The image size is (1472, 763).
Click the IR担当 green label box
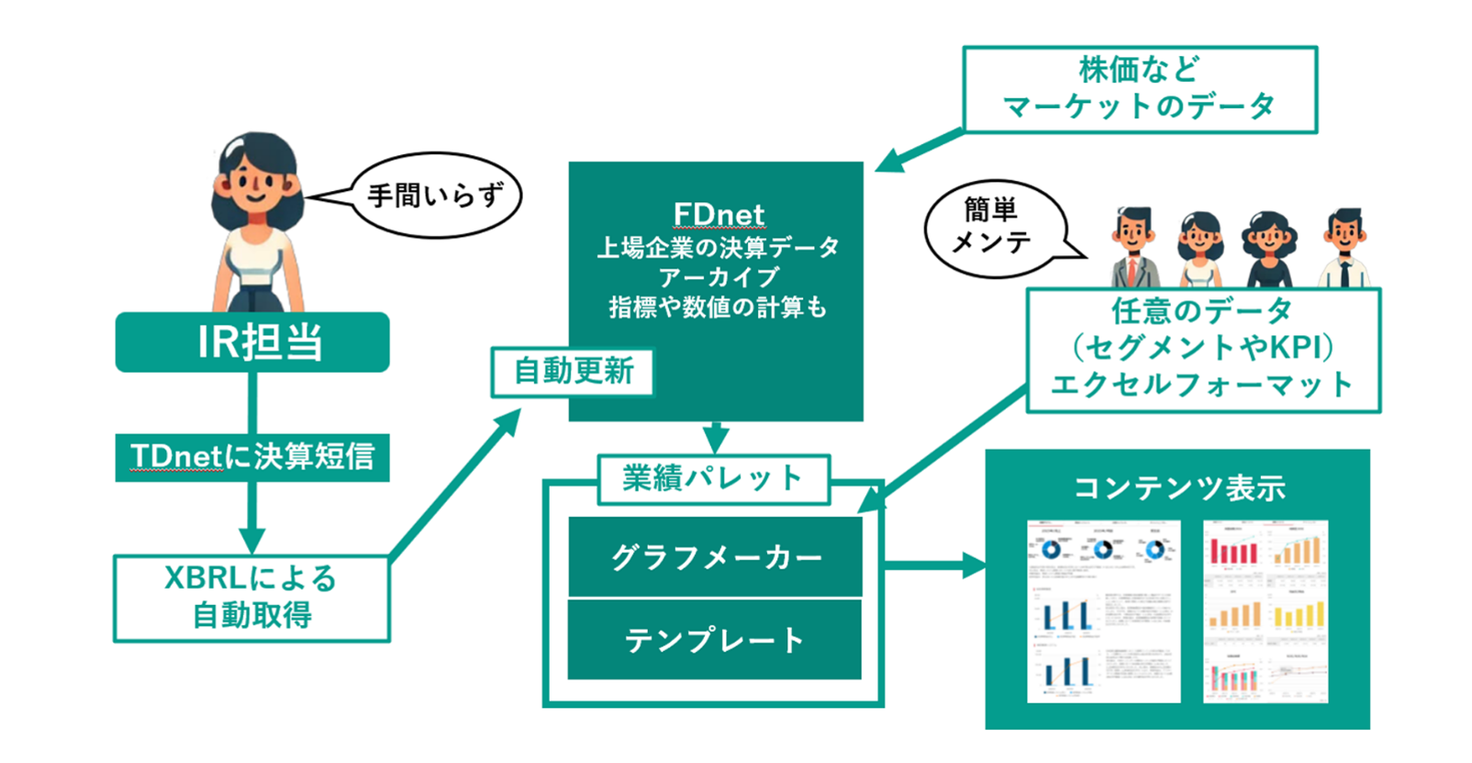pyautogui.click(x=252, y=342)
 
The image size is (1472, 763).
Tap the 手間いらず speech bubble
pyautogui.click(x=437, y=196)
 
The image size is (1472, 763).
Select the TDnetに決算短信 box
pyautogui.click(x=252, y=456)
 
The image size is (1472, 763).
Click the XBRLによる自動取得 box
pyautogui.click(x=251, y=597)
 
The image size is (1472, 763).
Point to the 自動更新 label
pyautogui.click(x=573, y=371)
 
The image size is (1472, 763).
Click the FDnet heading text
pyautogui.click(x=718, y=214)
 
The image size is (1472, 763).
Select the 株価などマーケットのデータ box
pyautogui.click(x=1139, y=89)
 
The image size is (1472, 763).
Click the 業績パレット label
pyautogui.click(x=713, y=478)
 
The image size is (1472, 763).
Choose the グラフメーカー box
pyautogui.click(x=715, y=556)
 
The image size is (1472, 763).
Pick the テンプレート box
pyautogui.click(x=715, y=639)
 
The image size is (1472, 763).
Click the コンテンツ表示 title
pyautogui.click(x=1178, y=488)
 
